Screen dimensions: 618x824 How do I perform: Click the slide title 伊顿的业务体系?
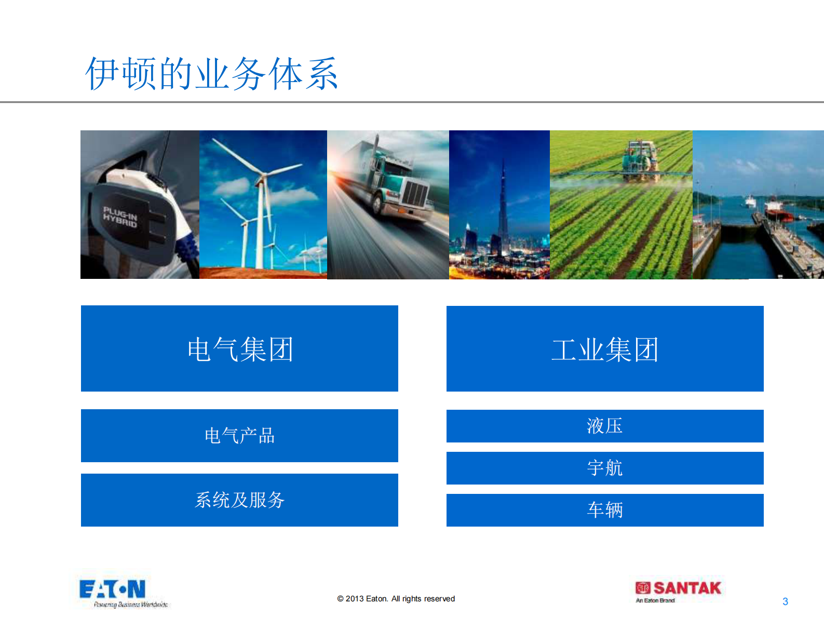click(212, 73)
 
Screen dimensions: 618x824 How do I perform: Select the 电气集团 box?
click(239, 348)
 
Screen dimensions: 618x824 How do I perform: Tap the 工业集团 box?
click(605, 348)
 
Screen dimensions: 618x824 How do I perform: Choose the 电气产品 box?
click(239, 436)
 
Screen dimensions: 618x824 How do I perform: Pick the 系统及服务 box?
click(239, 500)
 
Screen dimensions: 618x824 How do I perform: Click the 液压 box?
click(605, 426)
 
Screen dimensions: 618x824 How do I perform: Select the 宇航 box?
click(605, 468)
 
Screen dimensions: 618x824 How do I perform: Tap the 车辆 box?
click(605, 510)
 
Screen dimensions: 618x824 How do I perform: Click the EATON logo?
click(112, 589)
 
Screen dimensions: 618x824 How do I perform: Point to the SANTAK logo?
click(678, 588)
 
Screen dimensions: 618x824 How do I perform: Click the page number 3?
click(785, 601)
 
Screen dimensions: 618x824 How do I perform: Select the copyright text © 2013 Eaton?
click(396, 599)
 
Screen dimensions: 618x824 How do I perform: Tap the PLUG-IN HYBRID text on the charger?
click(120, 217)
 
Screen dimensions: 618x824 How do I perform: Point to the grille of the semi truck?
click(415, 195)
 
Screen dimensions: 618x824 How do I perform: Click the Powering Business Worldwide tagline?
click(130, 604)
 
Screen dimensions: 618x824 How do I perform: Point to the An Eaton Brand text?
click(655, 600)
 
